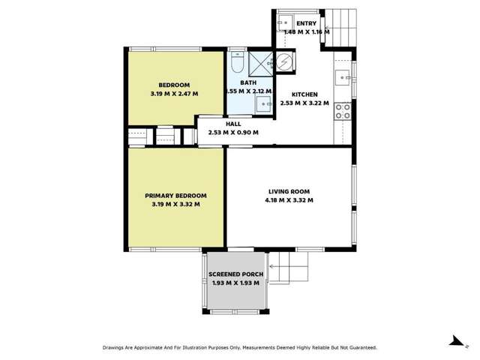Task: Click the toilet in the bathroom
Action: (x=237, y=59)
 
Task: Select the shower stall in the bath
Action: (x=259, y=62)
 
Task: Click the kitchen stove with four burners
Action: (x=343, y=112)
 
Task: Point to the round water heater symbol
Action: (x=285, y=64)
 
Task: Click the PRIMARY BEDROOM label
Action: (x=175, y=195)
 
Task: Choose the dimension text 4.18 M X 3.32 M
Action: (x=289, y=200)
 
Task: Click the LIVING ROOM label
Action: (x=289, y=190)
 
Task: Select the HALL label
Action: (x=232, y=124)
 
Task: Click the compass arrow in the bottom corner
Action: (x=454, y=340)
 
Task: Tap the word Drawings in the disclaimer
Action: (x=116, y=348)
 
